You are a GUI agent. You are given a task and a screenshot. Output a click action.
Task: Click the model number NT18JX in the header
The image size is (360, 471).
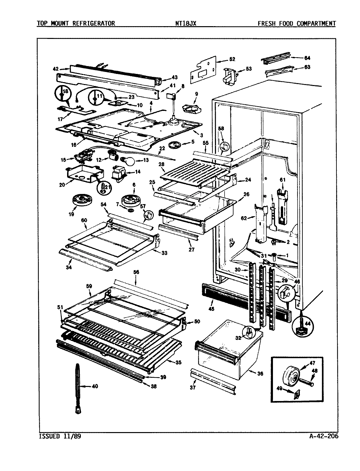(186, 23)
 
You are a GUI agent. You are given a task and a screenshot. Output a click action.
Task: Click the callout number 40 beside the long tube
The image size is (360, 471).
(94, 386)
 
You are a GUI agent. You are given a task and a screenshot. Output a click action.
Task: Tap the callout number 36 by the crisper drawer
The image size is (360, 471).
(260, 374)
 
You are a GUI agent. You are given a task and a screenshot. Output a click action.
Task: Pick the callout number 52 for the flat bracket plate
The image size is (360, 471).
(232, 59)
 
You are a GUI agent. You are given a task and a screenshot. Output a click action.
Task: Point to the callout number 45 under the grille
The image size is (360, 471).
(211, 308)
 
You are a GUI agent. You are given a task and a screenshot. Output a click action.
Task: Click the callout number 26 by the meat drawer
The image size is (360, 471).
(246, 194)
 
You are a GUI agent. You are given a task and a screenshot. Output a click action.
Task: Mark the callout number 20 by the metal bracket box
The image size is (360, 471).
(62, 184)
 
